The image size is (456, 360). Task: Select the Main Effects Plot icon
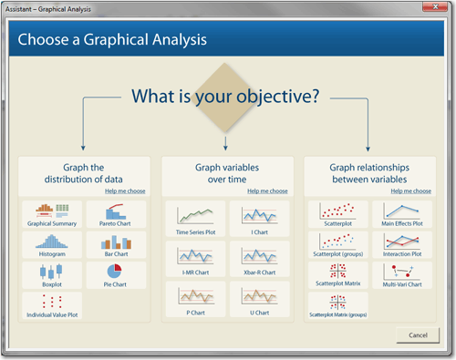coord(402,216)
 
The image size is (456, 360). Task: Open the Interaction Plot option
coord(402,245)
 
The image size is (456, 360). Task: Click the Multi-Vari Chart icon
coord(402,275)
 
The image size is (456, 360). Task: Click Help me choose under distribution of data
coord(125,191)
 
